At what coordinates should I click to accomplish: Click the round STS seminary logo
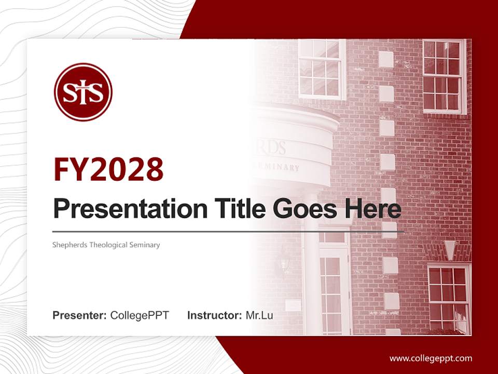(83, 92)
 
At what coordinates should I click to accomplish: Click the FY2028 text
(108, 170)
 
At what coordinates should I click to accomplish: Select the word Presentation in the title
(122, 209)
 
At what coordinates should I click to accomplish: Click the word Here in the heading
(373, 209)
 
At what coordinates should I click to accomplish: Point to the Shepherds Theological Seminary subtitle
(106, 245)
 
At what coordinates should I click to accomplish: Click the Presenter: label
(80, 315)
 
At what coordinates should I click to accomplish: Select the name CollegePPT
(140, 315)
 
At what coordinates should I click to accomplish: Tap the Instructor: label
(214, 315)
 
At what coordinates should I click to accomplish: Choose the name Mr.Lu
(259, 315)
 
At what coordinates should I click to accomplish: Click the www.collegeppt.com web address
(431, 358)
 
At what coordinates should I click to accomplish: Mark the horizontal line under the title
(228, 231)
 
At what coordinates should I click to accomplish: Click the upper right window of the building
(444, 76)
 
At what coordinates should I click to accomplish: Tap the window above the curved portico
(322, 69)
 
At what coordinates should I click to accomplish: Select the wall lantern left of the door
(284, 258)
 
